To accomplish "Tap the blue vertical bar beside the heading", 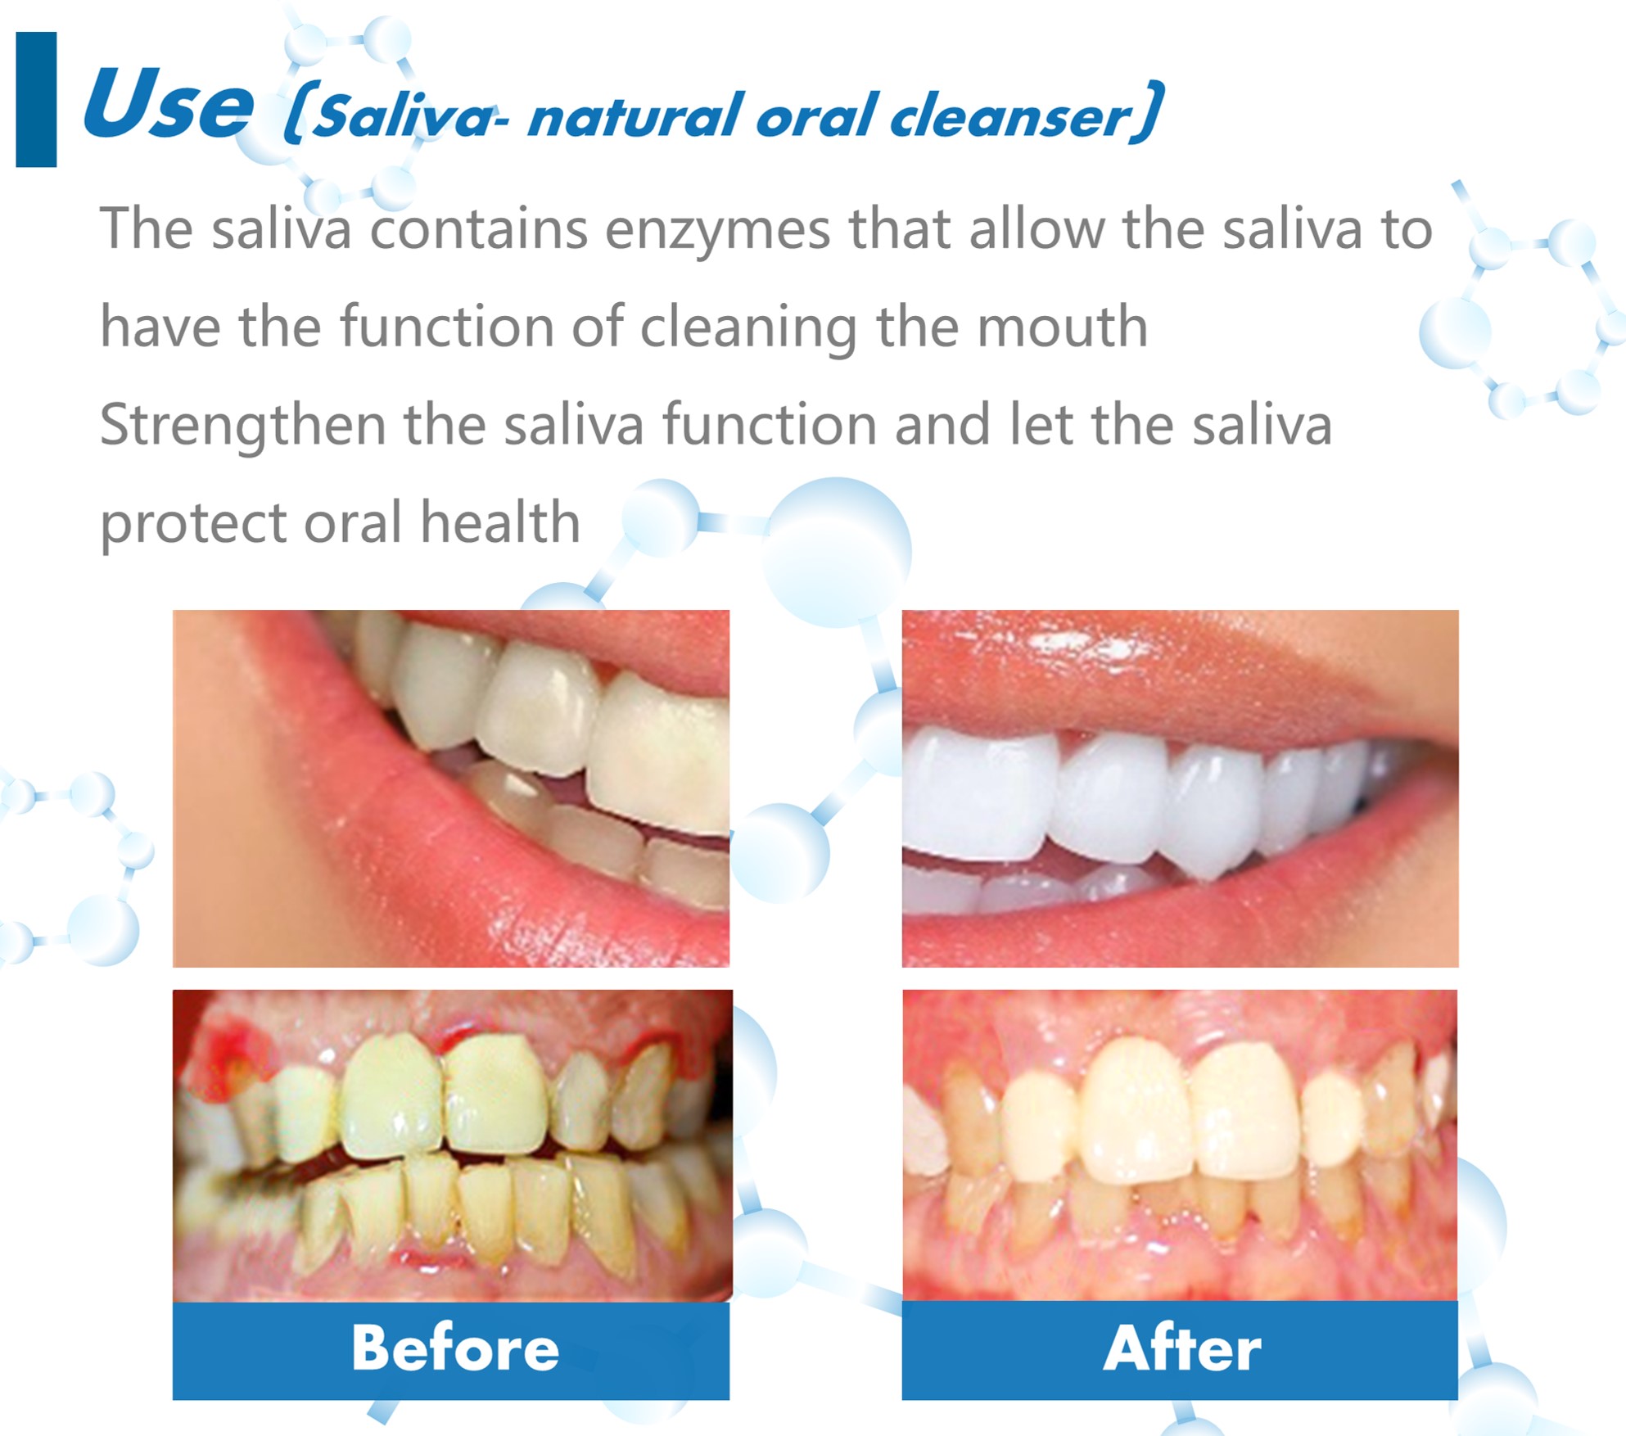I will [36, 100].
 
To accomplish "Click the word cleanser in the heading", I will [1010, 117].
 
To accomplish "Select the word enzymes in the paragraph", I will [717, 229].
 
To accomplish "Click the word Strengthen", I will [242, 426].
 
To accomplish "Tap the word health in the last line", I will [499, 523].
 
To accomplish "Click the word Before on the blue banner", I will [455, 1348].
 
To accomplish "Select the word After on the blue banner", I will [1181, 1348].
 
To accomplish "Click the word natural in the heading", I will [635, 117].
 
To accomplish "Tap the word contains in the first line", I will [478, 229].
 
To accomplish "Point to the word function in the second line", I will [447, 327].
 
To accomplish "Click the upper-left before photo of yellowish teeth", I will [450, 788].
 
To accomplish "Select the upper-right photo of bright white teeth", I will [1180, 788].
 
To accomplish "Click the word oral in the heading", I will [815, 117].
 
